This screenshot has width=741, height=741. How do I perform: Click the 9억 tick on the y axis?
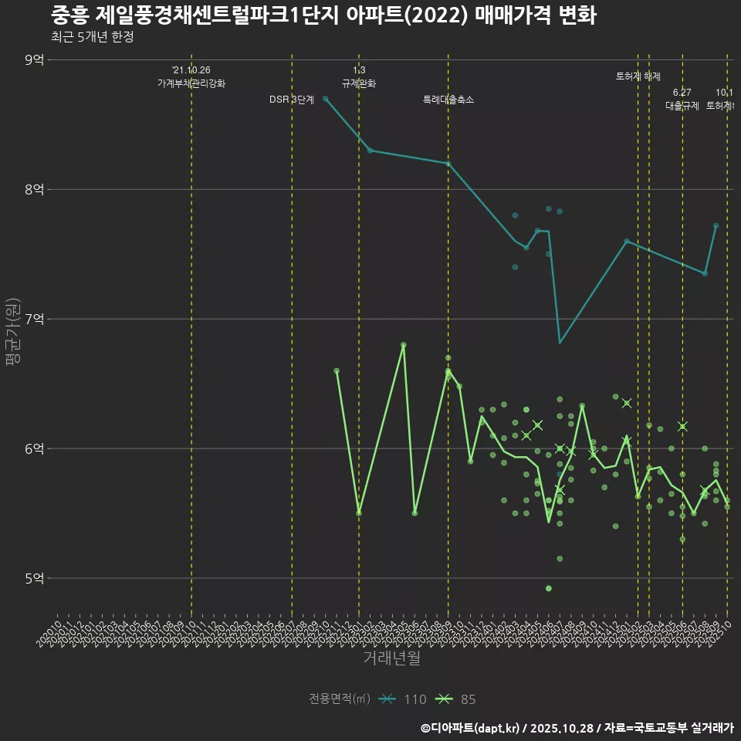click(34, 59)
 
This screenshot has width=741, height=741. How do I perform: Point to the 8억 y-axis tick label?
click(34, 189)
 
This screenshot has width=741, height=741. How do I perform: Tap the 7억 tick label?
click(34, 319)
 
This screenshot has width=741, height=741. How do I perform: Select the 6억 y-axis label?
click(34, 448)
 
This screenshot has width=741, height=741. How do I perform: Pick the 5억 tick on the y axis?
click(34, 578)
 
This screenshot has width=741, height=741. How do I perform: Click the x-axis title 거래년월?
click(391, 658)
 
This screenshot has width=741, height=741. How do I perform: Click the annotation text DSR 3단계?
click(292, 100)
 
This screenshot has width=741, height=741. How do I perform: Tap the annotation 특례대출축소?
click(448, 100)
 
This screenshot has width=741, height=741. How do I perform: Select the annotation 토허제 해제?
click(638, 76)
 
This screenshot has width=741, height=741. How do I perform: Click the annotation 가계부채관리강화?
click(191, 83)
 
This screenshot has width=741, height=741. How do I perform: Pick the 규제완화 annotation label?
click(359, 83)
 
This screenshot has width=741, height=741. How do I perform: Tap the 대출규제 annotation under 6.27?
click(682, 107)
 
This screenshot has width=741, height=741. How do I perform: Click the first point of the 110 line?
click(326, 99)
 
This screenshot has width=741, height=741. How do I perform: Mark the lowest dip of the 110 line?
click(560, 343)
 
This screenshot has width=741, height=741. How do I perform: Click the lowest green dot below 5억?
click(549, 588)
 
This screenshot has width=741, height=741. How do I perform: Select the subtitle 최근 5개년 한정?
click(92, 37)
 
